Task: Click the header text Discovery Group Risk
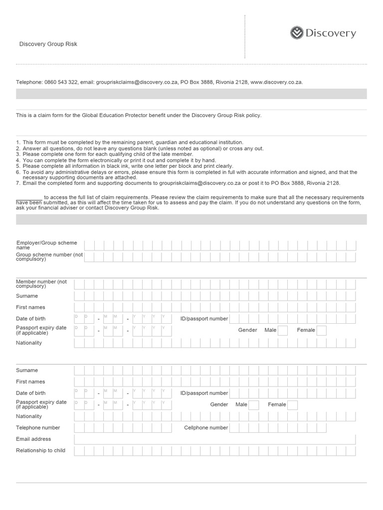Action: tap(48, 44)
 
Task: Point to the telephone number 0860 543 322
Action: tap(59, 82)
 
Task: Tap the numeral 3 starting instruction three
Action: tap(17, 154)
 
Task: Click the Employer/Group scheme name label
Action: tap(46, 245)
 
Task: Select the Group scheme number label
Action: tap(49, 257)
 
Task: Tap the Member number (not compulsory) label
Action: tap(41, 284)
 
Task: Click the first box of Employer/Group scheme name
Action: tap(89, 245)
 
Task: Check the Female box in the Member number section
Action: tap(322, 330)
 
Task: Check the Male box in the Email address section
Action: tap(253, 405)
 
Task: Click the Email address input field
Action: tap(214, 439)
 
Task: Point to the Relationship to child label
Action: tap(40, 451)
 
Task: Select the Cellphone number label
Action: tap(206, 428)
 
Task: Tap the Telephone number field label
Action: tap(38, 428)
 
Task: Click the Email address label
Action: tap(33, 439)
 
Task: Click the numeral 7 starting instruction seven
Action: tap(17, 183)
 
